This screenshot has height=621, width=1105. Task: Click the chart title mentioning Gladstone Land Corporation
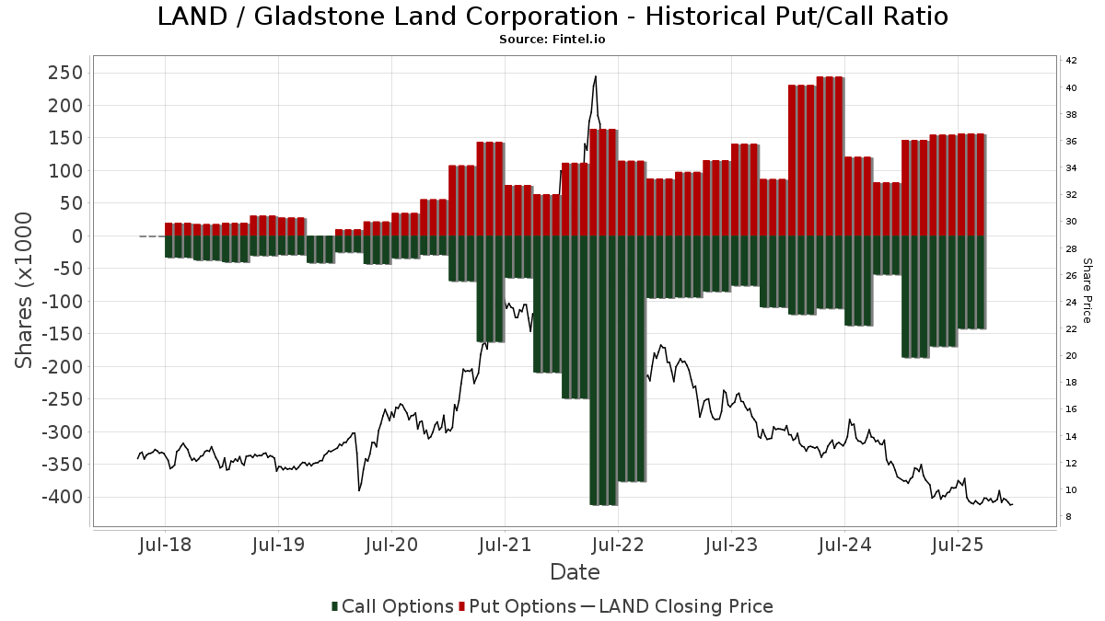click(552, 17)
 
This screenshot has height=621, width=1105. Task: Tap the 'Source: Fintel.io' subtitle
click(552, 40)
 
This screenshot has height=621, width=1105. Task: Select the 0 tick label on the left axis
click(77, 236)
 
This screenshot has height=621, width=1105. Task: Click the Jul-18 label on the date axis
click(165, 546)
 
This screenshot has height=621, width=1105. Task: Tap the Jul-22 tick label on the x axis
click(618, 546)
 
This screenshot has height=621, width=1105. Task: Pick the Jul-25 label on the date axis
click(958, 546)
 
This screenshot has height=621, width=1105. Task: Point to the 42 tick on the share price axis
click(1071, 61)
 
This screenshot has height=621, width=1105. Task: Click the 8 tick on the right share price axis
click(1068, 517)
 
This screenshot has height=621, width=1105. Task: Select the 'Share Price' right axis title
click(1087, 290)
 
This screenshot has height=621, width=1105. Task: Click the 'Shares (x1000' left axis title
click(25, 290)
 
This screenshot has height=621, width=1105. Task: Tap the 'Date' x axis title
click(575, 572)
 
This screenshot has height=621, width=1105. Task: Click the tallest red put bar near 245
click(830, 156)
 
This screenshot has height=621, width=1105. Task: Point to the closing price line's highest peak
click(596, 77)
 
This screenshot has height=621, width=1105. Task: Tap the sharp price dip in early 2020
click(359, 489)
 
